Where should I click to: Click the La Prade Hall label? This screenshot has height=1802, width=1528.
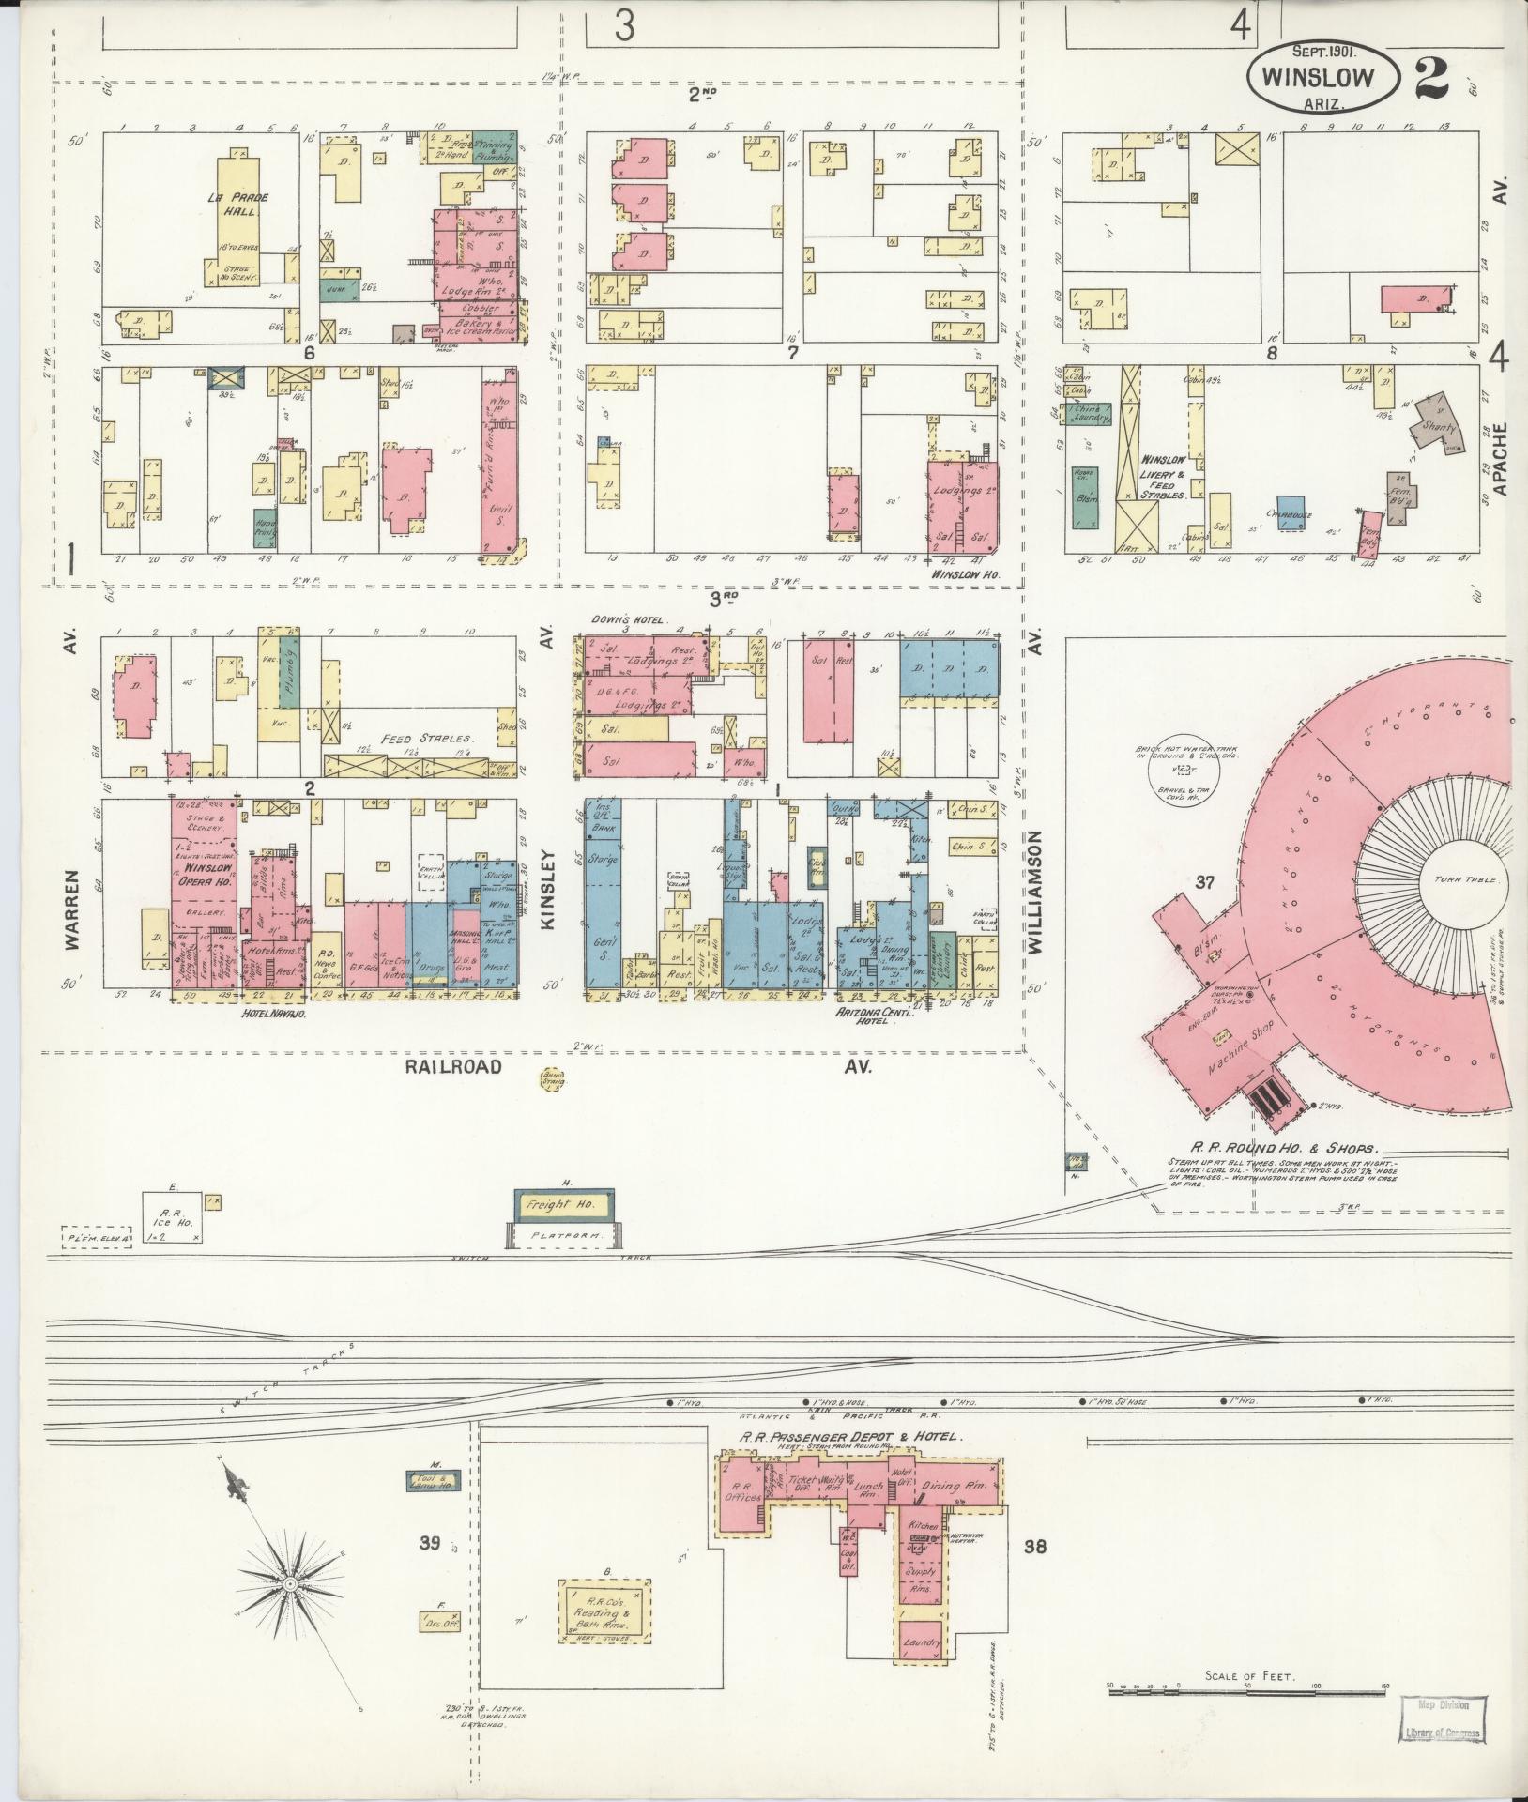point(226,205)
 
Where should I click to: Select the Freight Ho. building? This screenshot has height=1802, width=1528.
point(561,1204)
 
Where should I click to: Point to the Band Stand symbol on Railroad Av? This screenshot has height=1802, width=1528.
point(553,1080)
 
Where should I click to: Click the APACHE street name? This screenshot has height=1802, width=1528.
point(1498,458)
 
